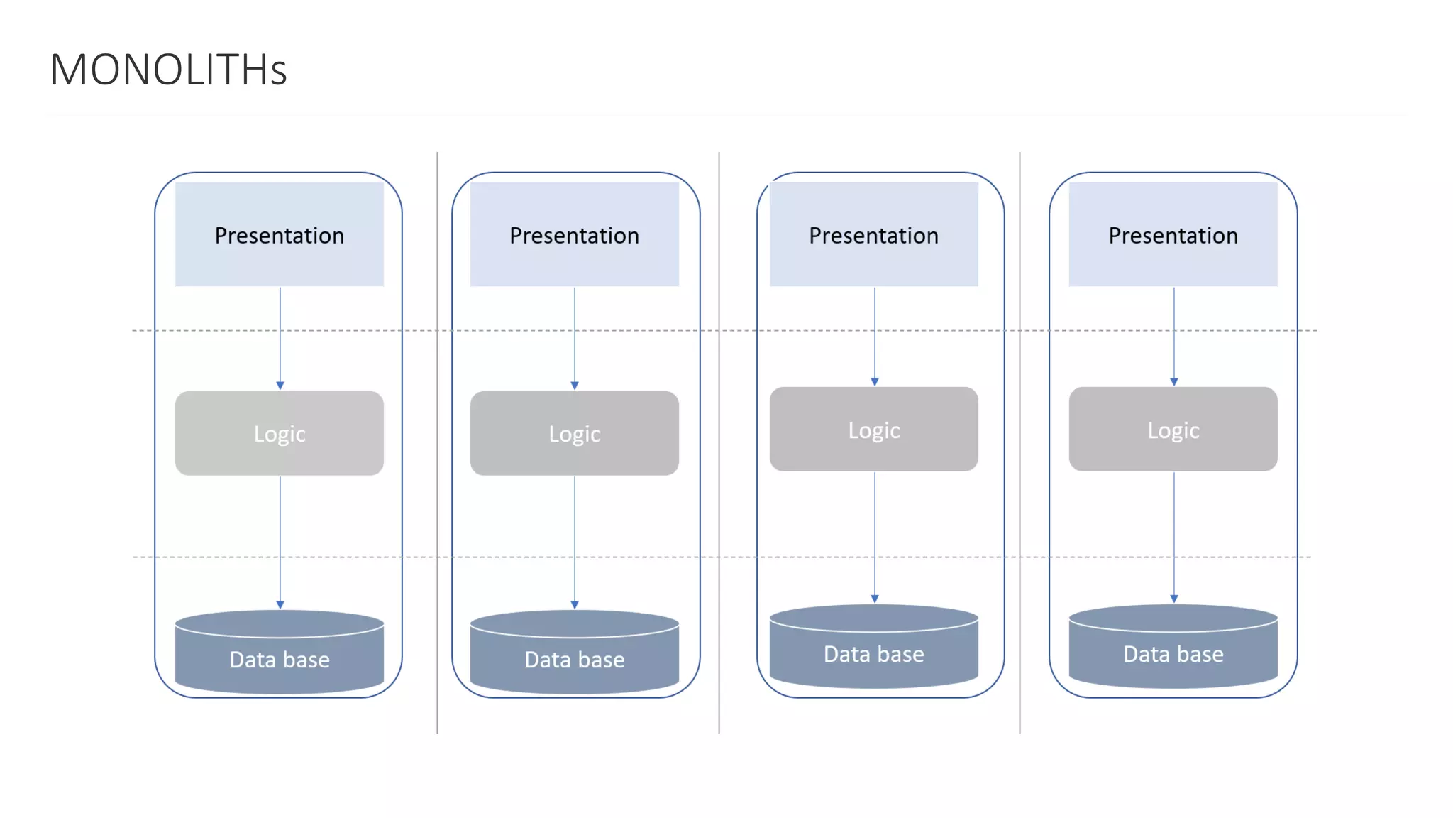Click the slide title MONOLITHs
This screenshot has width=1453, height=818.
click(x=168, y=70)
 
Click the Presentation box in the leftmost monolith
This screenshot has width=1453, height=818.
click(x=280, y=234)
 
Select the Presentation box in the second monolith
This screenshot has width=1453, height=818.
click(x=575, y=234)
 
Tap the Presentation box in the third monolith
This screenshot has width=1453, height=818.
click(x=874, y=234)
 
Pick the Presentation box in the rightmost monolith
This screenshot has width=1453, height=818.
click(x=1173, y=234)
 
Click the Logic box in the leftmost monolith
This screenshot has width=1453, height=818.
click(x=280, y=433)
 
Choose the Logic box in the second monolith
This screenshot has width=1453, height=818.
click(x=575, y=433)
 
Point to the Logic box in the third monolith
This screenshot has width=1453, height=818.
click(x=874, y=429)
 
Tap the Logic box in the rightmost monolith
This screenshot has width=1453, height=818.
click(x=1173, y=429)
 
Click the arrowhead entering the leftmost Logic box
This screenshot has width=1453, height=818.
click(x=280, y=385)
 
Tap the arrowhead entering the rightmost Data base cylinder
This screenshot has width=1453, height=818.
click(x=1174, y=599)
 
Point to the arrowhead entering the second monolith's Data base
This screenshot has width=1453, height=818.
click(x=575, y=604)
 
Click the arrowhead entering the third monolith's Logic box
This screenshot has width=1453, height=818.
click(x=875, y=381)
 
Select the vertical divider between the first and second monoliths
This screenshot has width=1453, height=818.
click(x=437, y=440)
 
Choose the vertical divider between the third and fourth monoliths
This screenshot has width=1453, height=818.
click(x=1020, y=440)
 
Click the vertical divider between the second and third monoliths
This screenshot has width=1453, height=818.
click(x=719, y=440)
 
